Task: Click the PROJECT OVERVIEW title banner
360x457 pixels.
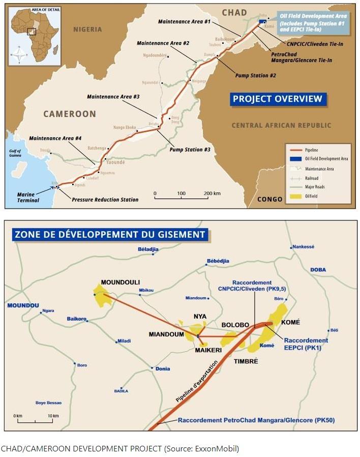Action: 277,99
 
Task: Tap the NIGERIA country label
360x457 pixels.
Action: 87,29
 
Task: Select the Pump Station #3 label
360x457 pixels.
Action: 190,150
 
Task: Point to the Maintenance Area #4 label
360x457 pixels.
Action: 55,138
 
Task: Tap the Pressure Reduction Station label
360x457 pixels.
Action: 105,199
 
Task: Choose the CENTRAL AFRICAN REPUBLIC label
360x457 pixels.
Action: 281,125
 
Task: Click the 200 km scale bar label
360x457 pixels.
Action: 212,194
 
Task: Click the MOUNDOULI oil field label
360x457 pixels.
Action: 120,282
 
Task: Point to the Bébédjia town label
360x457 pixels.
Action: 218,261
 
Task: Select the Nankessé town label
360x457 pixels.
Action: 304,247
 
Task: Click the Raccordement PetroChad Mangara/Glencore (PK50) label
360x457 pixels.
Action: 256,420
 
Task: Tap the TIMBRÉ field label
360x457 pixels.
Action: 246,361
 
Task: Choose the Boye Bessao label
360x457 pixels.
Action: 48,403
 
